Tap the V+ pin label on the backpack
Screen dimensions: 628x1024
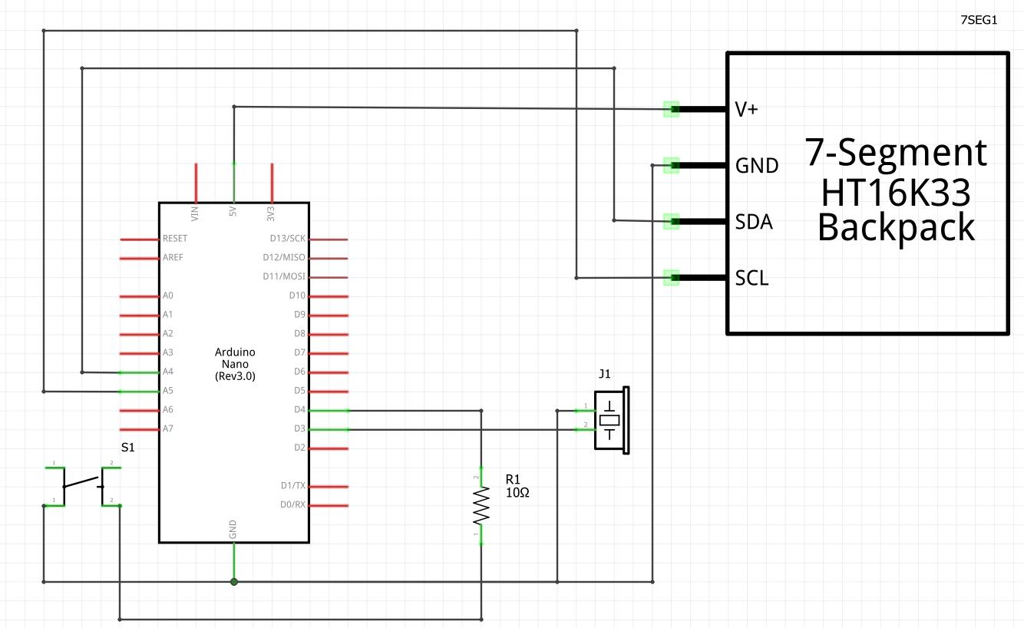tap(746, 110)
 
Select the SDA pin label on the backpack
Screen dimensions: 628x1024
tap(753, 222)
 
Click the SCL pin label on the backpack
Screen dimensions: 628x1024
tap(751, 278)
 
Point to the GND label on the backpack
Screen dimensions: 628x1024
tap(756, 166)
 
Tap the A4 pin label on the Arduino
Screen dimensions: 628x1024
tap(168, 372)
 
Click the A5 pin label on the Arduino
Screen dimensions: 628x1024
tap(168, 391)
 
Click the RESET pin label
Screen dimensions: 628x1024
tap(175, 239)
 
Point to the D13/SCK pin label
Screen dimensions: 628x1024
tap(287, 239)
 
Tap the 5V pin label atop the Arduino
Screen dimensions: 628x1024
tap(233, 212)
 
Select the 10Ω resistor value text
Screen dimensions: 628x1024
tap(517, 492)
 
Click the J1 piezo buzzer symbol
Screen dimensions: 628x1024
tap(611, 420)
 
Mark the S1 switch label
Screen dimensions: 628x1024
tap(128, 447)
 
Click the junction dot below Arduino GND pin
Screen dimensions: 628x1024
tap(234, 582)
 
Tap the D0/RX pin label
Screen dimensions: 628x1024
tap(292, 504)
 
